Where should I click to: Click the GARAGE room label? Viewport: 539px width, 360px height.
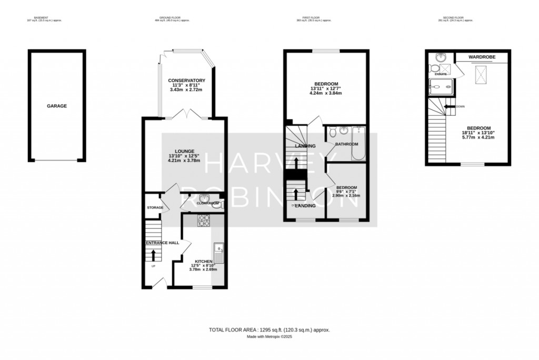pyautogui.click(x=57, y=106)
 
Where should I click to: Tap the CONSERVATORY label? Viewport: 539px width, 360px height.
pyautogui.click(x=186, y=80)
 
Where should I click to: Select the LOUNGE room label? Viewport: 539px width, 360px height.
pyautogui.click(x=186, y=151)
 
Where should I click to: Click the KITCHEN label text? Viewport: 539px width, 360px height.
pyautogui.click(x=203, y=262)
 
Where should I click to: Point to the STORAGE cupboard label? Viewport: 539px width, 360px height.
pyautogui.click(x=155, y=208)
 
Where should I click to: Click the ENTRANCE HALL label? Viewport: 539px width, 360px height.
pyautogui.click(x=162, y=243)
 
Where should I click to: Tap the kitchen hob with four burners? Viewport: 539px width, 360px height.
pyautogui.click(x=204, y=221)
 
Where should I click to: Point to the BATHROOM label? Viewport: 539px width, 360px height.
pyautogui.click(x=347, y=144)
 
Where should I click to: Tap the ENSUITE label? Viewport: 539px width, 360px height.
pyautogui.click(x=441, y=74)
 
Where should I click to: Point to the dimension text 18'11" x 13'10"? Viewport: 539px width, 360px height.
pyautogui.click(x=479, y=134)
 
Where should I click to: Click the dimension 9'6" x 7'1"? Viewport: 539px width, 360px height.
pyautogui.click(x=347, y=192)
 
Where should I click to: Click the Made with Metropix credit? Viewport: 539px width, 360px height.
pyautogui.click(x=269, y=337)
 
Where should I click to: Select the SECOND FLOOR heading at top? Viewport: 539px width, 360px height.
pyautogui.click(x=455, y=17)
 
